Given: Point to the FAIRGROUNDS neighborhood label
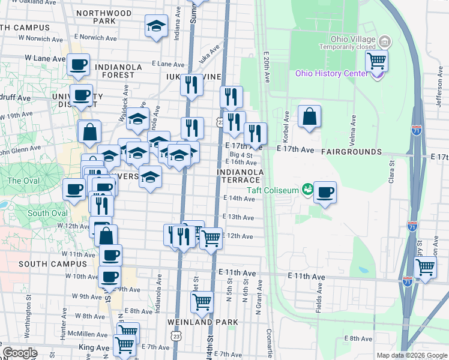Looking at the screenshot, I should click(x=351, y=152).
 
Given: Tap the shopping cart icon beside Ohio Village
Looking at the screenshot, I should click(x=376, y=60).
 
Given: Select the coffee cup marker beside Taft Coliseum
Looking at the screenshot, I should click(x=325, y=192).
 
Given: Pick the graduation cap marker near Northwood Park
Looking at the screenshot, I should click(x=156, y=26).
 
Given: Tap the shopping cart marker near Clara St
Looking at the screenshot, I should click(x=425, y=267).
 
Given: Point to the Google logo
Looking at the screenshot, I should click(x=20, y=353).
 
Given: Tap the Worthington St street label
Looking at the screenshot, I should click(x=28, y=307).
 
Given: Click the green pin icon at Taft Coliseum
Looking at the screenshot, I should click(x=308, y=189).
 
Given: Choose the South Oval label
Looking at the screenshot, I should click(x=47, y=214).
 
